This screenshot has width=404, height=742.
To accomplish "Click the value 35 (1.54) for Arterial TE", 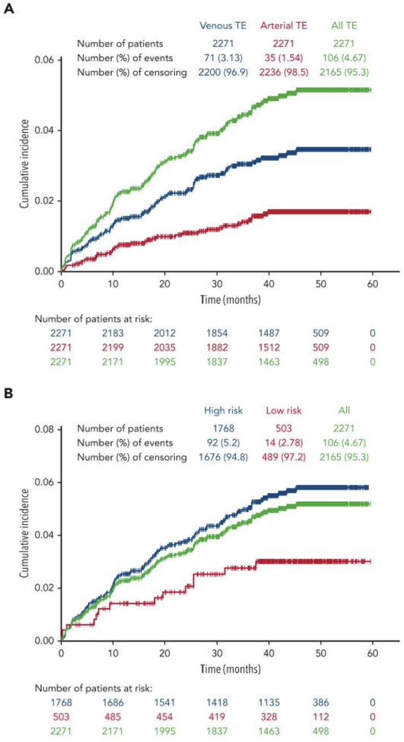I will (283, 57).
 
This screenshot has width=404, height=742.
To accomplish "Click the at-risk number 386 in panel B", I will (323, 703).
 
